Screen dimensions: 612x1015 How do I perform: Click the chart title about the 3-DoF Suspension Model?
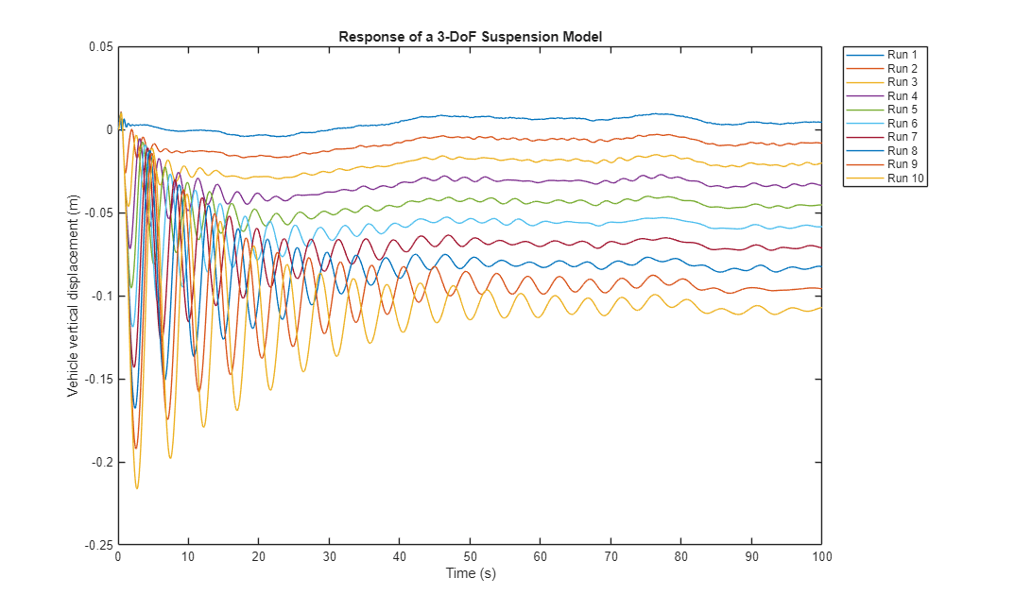click(x=470, y=37)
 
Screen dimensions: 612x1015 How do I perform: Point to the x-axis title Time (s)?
click(x=470, y=573)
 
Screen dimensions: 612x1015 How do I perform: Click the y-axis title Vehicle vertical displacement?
click(x=73, y=296)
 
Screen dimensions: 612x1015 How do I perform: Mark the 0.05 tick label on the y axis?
click(x=100, y=47)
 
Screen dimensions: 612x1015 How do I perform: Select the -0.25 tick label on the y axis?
click(x=98, y=545)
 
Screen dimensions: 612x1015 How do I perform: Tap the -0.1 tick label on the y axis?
click(x=101, y=297)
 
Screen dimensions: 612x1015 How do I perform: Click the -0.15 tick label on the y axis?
click(x=98, y=380)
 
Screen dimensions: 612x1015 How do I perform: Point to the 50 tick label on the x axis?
click(x=470, y=557)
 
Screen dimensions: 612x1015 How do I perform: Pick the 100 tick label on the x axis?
click(x=821, y=557)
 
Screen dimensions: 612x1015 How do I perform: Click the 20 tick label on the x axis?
click(x=258, y=557)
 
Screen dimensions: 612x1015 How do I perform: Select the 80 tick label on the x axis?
click(x=680, y=557)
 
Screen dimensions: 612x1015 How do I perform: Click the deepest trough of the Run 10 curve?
click(x=137, y=488)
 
